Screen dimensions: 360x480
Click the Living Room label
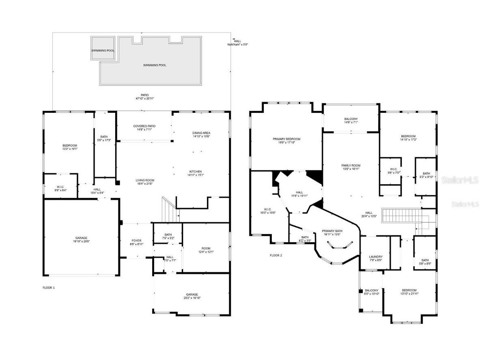145,181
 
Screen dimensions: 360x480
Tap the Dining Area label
201,133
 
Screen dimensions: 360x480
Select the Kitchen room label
195,172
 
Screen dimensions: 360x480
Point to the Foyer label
136,241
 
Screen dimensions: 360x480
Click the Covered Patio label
144,126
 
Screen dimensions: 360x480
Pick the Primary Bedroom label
286,139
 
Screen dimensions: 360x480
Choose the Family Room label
351,166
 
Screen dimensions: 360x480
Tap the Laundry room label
375,257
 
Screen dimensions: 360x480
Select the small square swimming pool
103,48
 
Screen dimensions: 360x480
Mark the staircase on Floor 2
402,216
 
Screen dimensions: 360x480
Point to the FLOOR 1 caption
49,288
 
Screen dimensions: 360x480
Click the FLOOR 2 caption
276,255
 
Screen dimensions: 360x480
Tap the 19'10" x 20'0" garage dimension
81,241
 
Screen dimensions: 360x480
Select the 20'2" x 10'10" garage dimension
192,298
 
